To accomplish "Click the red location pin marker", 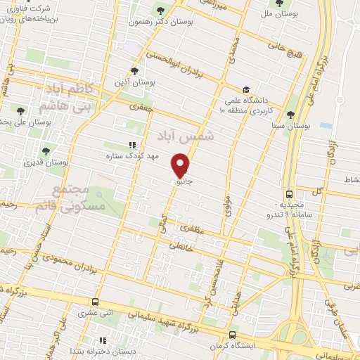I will click(x=181, y=165).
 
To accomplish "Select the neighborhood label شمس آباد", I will click(x=196, y=135).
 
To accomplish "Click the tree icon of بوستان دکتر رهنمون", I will click(x=161, y=10).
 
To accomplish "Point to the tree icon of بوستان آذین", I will click(x=135, y=70).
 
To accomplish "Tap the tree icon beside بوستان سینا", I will click(x=290, y=115).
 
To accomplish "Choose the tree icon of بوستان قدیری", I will click(x=46, y=150).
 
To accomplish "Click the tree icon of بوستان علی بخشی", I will click(x=20, y=110).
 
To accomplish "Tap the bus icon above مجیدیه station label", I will click(x=290, y=194).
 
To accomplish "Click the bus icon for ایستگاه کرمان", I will click(x=233, y=335).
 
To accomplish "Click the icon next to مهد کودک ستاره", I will click(x=131, y=145).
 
